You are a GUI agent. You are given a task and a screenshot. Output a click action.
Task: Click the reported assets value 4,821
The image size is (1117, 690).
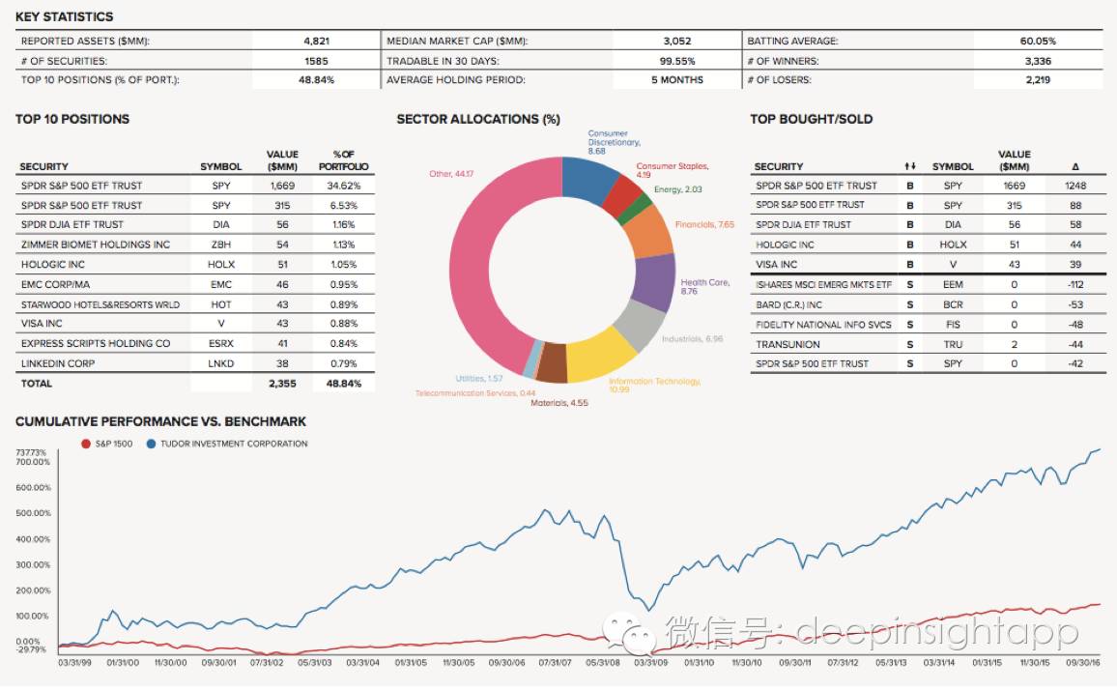click(x=317, y=42)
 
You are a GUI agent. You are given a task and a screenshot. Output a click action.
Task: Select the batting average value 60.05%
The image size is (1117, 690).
click(x=1038, y=42)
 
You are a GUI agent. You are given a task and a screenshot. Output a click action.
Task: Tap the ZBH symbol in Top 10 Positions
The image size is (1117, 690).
click(x=221, y=244)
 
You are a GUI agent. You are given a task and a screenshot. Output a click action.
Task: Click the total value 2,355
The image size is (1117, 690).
click(x=282, y=384)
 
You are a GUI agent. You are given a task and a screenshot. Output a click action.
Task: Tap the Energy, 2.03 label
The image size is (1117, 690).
click(x=678, y=190)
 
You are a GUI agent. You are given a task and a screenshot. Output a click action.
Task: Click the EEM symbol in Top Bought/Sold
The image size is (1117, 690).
click(x=952, y=284)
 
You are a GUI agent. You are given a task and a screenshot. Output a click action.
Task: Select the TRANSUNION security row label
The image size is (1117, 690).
click(x=788, y=344)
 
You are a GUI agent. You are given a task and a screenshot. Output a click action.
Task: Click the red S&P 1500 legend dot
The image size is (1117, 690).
click(x=87, y=444)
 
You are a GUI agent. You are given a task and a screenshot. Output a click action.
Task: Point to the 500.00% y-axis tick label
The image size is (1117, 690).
click(x=35, y=513)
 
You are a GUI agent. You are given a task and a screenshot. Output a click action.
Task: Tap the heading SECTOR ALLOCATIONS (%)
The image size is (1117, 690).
click(x=478, y=119)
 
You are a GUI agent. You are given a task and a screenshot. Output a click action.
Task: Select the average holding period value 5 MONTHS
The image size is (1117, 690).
click(x=676, y=80)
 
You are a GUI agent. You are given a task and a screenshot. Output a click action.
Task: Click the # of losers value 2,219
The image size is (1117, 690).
click(x=1038, y=80)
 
